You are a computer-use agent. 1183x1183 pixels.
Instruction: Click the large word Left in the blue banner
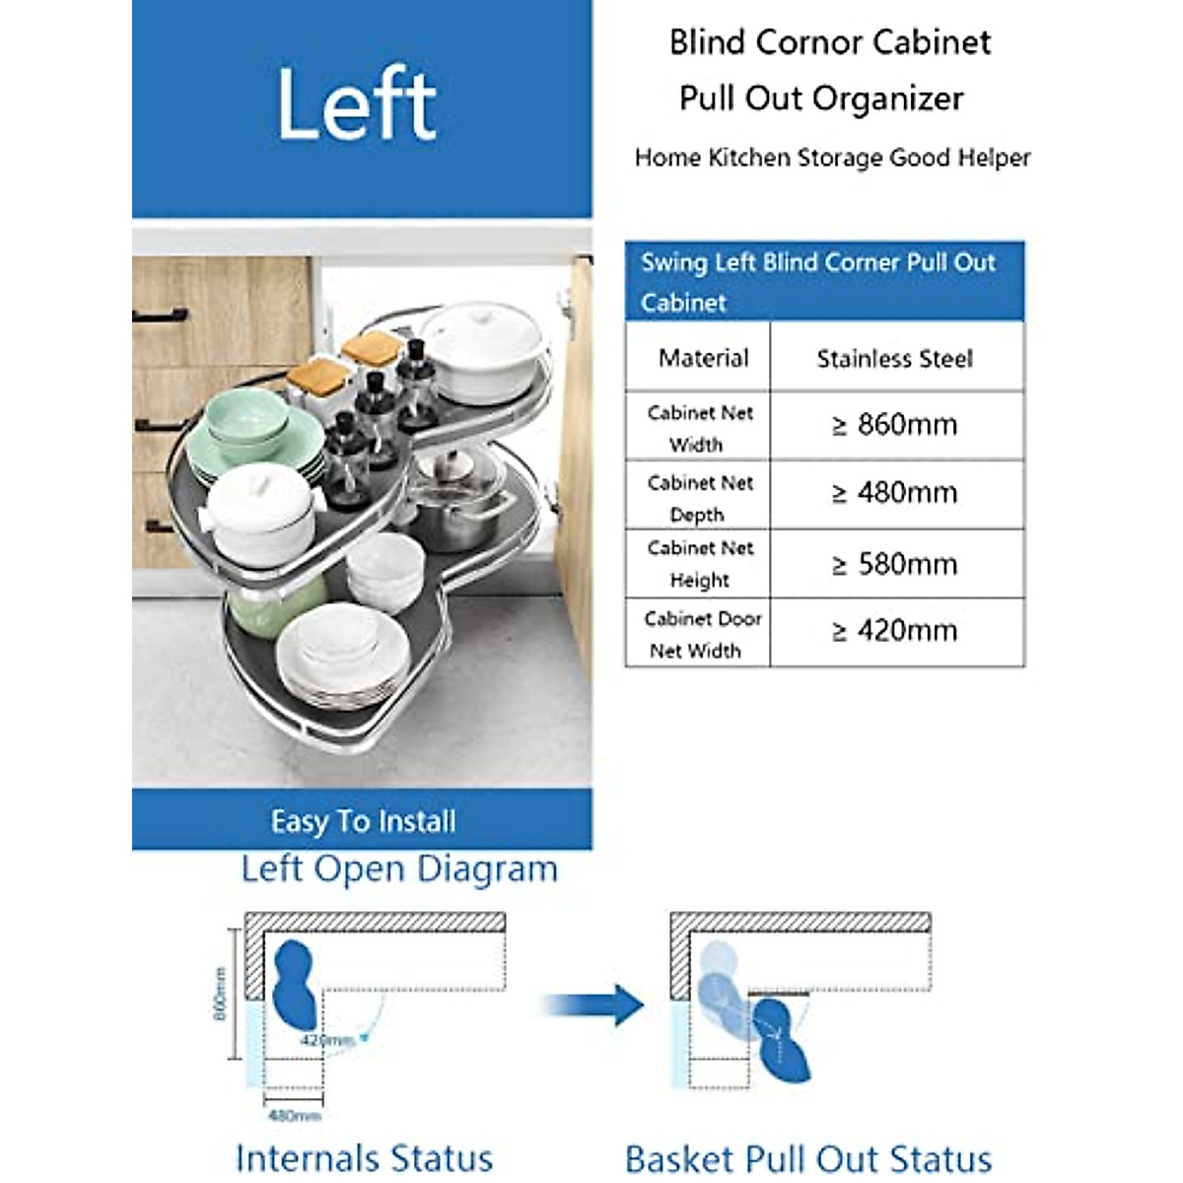point(357,104)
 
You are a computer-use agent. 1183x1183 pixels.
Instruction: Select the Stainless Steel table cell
point(895,359)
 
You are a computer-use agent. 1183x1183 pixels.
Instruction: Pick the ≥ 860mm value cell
point(895,425)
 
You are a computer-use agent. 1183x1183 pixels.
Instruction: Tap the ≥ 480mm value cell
point(895,493)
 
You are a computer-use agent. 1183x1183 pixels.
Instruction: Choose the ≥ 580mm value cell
point(895,564)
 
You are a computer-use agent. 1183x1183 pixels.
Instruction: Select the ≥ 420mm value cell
point(895,631)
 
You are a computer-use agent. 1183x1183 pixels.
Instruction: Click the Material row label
point(703,358)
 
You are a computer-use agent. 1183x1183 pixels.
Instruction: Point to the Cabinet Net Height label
point(700,564)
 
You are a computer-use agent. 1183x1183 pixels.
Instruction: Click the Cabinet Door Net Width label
point(701,634)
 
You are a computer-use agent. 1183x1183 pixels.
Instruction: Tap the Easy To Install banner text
point(363,821)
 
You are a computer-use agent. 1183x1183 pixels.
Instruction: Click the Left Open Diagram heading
point(399,869)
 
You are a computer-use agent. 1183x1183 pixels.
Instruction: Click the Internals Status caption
point(364,1157)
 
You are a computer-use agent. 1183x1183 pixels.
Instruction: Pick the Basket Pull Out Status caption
point(808,1159)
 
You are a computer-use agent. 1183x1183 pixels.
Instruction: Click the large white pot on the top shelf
point(484,350)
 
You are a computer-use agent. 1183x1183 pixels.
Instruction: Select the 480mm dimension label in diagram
point(294,1116)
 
